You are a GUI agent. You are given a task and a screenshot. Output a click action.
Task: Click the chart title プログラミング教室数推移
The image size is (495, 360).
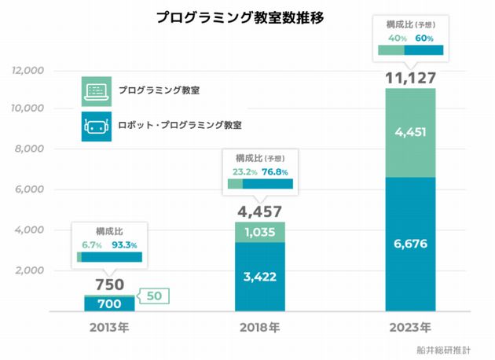[x=240, y=17]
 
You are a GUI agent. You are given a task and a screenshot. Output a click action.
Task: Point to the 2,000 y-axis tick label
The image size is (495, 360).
[x=29, y=270]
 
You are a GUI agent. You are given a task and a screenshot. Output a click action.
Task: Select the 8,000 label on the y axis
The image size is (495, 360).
[x=29, y=149]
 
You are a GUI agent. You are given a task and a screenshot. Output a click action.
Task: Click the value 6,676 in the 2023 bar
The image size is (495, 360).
[x=410, y=244]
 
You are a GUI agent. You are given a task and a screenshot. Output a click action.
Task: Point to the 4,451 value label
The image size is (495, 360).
[x=410, y=132]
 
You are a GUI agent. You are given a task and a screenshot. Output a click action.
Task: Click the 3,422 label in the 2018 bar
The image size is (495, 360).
[x=259, y=276]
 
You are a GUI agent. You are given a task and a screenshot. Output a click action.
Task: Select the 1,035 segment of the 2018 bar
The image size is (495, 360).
[x=259, y=233]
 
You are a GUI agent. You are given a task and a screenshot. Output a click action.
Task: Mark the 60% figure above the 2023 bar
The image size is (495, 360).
[x=424, y=37]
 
